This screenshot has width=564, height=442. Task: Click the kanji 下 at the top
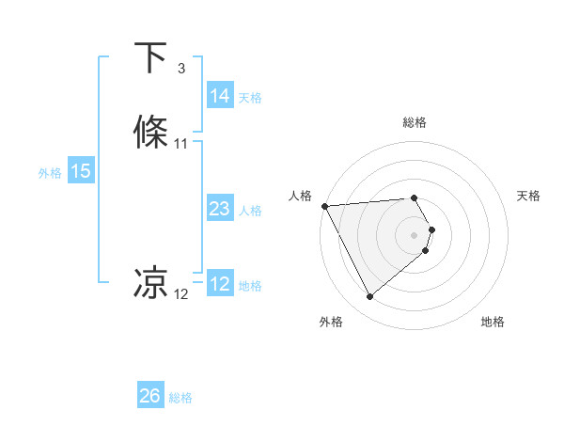[151, 58]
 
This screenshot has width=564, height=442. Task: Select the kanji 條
[151, 133]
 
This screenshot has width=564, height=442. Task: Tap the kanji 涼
[151, 282]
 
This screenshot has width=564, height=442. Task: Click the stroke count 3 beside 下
[181, 69]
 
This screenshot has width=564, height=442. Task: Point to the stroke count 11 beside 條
[181, 144]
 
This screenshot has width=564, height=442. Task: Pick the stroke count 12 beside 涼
[181, 294]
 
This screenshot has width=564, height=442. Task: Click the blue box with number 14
[219, 96]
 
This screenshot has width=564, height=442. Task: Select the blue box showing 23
[219, 209]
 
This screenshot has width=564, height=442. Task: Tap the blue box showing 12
[219, 284]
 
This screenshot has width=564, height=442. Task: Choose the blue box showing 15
[81, 171]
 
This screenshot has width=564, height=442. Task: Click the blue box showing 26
[149, 396]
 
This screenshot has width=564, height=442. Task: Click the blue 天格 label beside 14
[250, 97]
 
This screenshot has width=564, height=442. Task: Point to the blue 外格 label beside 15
[50, 172]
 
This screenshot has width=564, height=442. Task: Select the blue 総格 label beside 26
[180, 398]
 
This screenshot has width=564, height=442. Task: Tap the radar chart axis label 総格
[415, 122]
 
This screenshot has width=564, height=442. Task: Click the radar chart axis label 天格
[529, 196]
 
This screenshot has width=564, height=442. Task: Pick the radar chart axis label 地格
[493, 322]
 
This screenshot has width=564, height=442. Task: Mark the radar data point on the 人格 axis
[324, 206]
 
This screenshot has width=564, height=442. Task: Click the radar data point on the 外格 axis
[369, 297]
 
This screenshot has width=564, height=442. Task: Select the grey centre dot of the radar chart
[415, 234]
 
